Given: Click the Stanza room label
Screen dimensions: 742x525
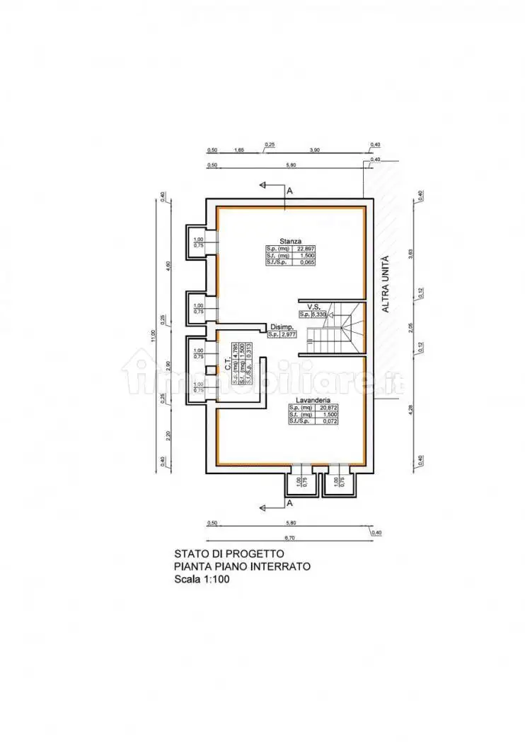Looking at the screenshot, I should point(291,240).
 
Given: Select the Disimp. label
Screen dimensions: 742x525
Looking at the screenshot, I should point(281,326).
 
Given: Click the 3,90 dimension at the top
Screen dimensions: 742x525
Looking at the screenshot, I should point(316,150).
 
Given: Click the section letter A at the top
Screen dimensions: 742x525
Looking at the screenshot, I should point(289,191).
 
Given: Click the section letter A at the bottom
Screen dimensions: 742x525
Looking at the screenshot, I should point(289,502).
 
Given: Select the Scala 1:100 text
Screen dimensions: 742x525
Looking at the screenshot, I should point(202,579).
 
